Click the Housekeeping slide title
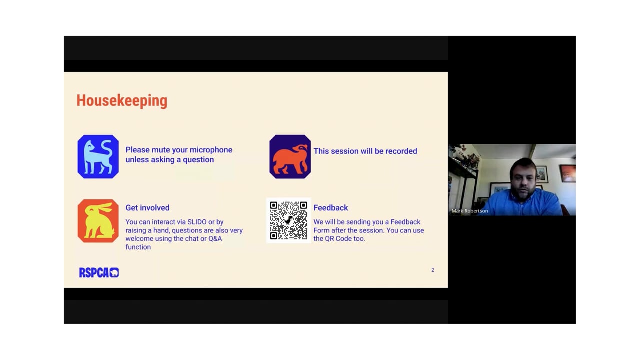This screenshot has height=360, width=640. [122, 101]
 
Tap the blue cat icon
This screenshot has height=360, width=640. [98, 157]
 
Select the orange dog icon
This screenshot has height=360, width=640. [290, 157]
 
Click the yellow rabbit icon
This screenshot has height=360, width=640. [98, 221]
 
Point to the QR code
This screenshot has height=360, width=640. [289, 220]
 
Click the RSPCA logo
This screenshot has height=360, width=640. [99, 273]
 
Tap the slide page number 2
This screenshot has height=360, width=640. [433, 270]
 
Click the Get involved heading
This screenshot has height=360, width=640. [147, 208]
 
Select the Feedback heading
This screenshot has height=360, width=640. [331, 208]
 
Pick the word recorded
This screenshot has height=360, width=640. [401, 151]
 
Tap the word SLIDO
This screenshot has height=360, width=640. [197, 222]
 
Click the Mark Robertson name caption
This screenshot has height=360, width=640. [470, 211]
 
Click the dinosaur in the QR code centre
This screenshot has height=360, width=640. [289, 220]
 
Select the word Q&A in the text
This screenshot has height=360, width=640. [215, 239]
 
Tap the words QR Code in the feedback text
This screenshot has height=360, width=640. [339, 239]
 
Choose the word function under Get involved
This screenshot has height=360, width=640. [138, 247]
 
